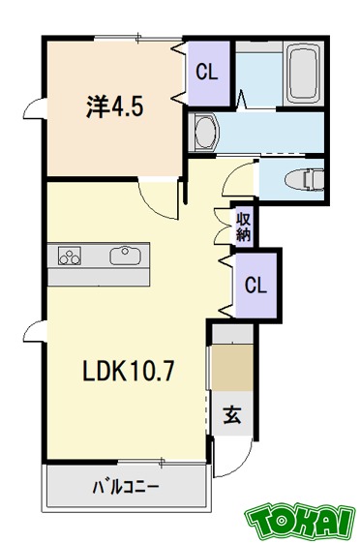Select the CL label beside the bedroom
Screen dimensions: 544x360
tap(207, 72)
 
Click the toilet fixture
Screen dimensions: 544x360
tap(304, 177)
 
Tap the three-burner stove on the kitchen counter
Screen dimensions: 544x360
tap(71, 257)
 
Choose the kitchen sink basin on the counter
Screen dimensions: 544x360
tap(125, 257)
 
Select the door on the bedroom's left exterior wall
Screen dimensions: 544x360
tap(36, 108)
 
